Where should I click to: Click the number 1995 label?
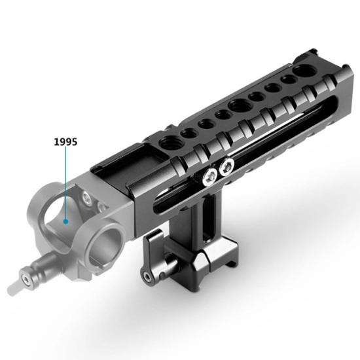65,141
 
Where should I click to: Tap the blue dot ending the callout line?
65,221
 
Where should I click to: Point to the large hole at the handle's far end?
306,70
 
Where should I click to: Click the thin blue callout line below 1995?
65,183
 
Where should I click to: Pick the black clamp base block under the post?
196,259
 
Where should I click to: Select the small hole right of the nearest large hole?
189,132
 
